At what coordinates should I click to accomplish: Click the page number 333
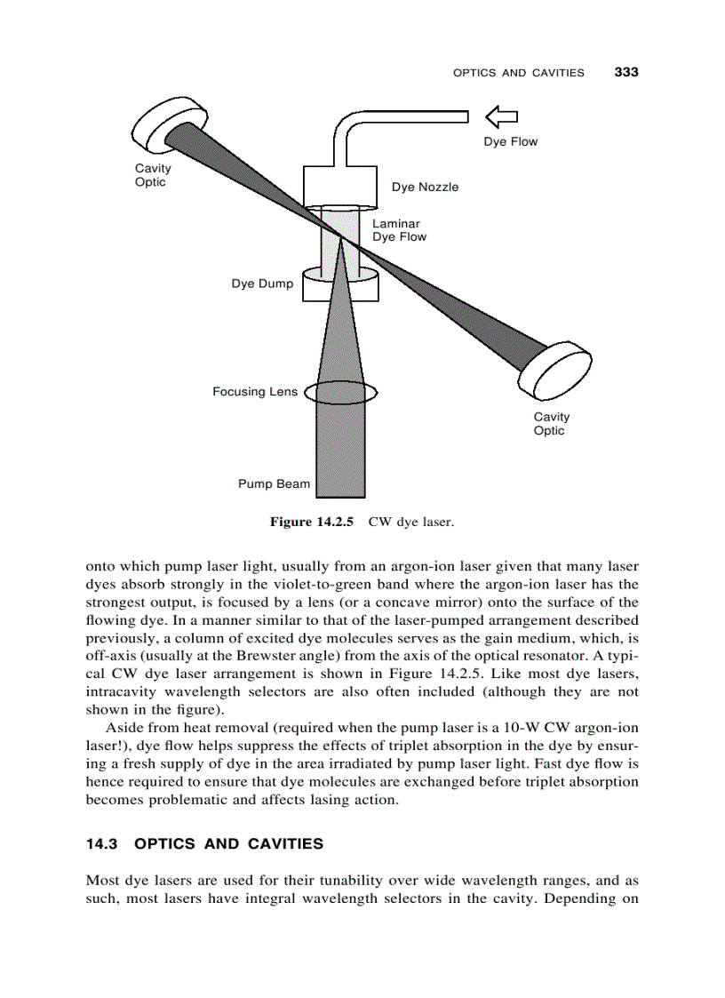626,72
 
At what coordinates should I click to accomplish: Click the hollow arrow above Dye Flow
502,116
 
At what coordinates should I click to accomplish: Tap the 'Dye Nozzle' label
425,187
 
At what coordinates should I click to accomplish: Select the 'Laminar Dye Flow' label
399,230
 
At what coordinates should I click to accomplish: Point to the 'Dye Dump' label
262,284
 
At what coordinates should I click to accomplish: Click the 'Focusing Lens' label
255,392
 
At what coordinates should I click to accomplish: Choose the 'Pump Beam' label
274,484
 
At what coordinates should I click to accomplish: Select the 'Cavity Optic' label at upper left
152,175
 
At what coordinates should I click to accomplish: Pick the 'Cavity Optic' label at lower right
551,424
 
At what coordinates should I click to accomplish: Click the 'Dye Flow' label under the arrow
510,141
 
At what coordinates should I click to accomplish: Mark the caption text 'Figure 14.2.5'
312,523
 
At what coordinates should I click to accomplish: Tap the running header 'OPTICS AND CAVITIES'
519,73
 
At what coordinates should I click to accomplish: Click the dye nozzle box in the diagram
341,186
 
